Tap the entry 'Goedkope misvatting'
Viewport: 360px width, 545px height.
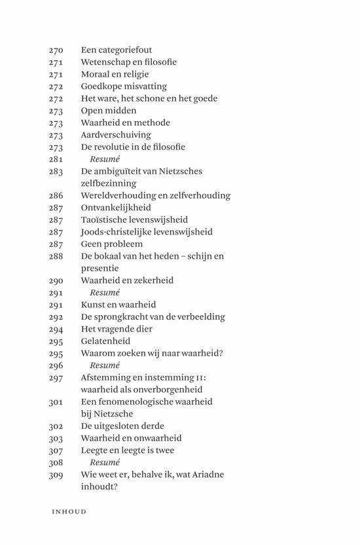[x=124, y=86]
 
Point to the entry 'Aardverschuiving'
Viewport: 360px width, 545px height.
[x=116, y=135]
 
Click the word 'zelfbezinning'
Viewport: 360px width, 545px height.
[x=109, y=183]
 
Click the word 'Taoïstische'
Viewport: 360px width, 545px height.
[x=106, y=220]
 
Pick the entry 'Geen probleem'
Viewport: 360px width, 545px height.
[x=111, y=244]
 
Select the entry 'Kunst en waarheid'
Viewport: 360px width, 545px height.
[x=118, y=305]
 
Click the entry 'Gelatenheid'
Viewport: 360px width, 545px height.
[x=105, y=341]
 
